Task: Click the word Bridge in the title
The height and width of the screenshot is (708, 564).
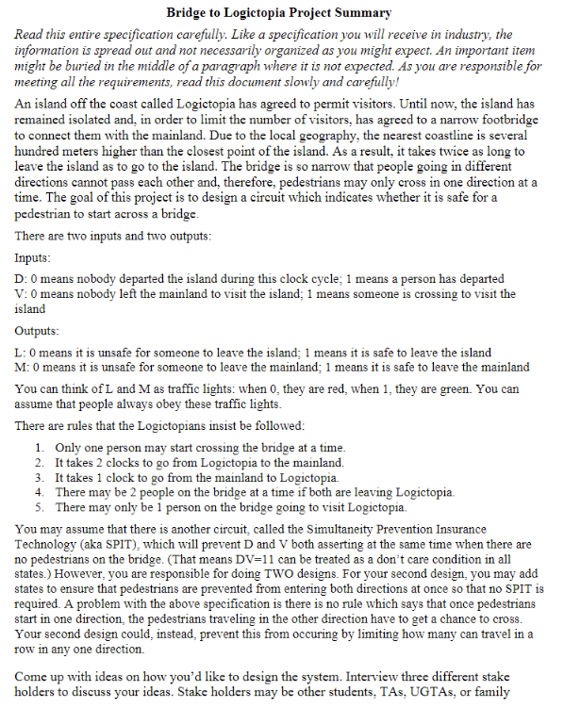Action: [x=188, y=13]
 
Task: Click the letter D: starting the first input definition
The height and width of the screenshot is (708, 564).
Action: [x=20, y=279]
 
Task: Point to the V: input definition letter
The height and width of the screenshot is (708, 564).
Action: [x=20, y=294]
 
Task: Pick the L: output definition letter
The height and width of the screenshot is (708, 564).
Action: [x=20, y=353]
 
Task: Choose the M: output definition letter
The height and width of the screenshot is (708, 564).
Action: [x=21, y=367]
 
